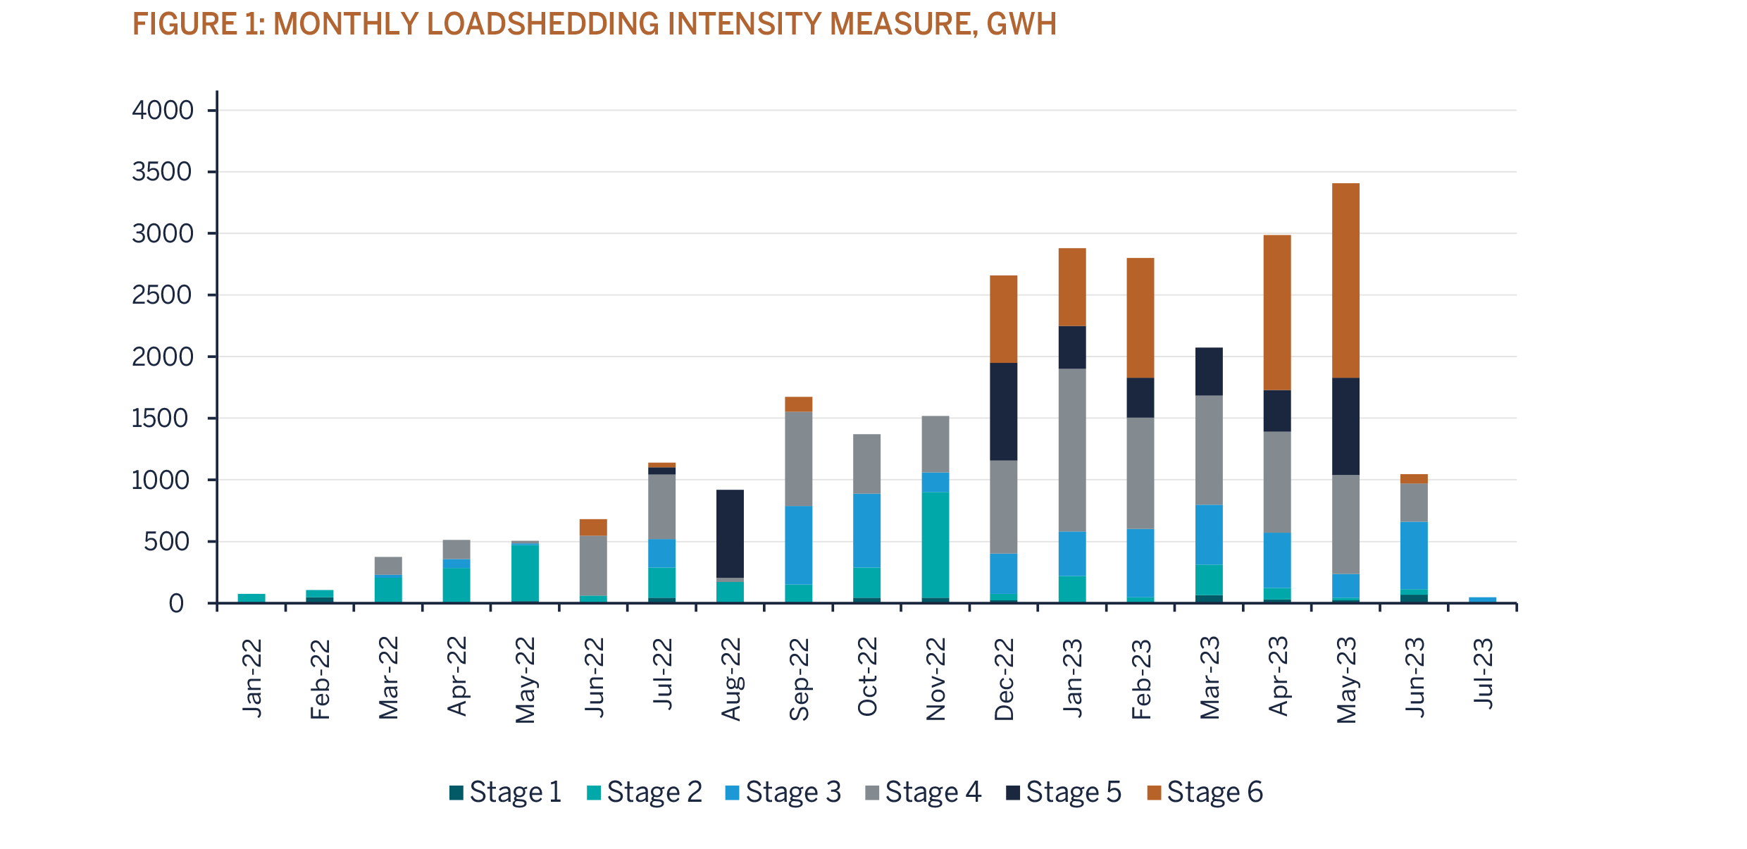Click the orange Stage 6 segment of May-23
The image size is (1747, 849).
pyautogui.click(x=1345, y=280)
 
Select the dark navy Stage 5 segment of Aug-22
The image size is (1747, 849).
pyautogui.click(x=730, y=533)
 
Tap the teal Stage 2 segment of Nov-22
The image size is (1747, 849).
pyautogui.click(x=935, y=544)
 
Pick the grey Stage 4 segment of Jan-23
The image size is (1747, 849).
pyautogui.click(x=1071, y=450)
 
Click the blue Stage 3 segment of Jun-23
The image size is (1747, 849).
pyautogui.click(x=1413, y=554)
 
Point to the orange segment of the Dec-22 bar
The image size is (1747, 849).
pyautogui.click(x=1003, y=318)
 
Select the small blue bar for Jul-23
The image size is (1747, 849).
pyautogui.click(x=1482, y=600)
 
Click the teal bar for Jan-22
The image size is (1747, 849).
pyautogui.click(x=251, y=597)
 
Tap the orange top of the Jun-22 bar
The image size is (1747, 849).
pyautogui.click(x=593, y=527)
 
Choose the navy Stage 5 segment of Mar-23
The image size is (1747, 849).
pyautogui.click(x=1209, y=371)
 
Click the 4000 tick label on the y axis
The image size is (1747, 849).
pyautogui.click(x=163, y=111)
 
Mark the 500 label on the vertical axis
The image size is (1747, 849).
pyautogui.click(x=167, y=542)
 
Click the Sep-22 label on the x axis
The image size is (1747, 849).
pyautogui.click(x=799, y=678)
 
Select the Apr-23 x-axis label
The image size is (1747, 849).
pyautogui.click(x=1278, y=676)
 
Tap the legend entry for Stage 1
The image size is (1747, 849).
pyautogui.click(x=506, y=792)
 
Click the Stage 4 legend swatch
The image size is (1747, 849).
pyautogui.click(x=873, y=793)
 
